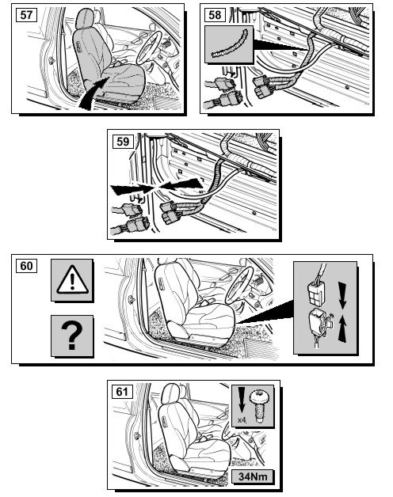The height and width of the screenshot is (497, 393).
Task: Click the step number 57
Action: tap(26, 15)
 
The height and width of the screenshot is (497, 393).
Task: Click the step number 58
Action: tap(215, 15)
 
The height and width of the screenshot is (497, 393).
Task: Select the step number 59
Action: tap(123, 141)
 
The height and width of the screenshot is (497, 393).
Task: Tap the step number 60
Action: tap(26, 266)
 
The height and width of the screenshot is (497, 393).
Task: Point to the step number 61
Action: tap(122, 392)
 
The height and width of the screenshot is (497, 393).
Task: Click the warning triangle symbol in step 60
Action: tap(72, 279)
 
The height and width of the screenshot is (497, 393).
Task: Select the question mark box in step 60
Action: tap(72, 336)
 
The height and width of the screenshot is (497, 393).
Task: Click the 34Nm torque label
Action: tap(253, 476)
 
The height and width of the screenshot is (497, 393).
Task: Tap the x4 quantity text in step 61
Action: tap(242, 420)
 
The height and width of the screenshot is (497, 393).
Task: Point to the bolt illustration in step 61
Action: tap(259, 407)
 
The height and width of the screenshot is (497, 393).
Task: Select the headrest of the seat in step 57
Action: tap(85, 19)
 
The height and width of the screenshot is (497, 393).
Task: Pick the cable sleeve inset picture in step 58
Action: tap(229, 44)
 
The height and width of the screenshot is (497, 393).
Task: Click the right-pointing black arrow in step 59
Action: tap(132, 190)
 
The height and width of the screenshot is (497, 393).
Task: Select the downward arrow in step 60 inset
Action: tap(342, 295)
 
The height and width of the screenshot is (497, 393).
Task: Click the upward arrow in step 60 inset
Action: tap(342, 329)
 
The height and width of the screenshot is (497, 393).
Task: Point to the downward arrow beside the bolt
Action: tap(242, 400)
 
